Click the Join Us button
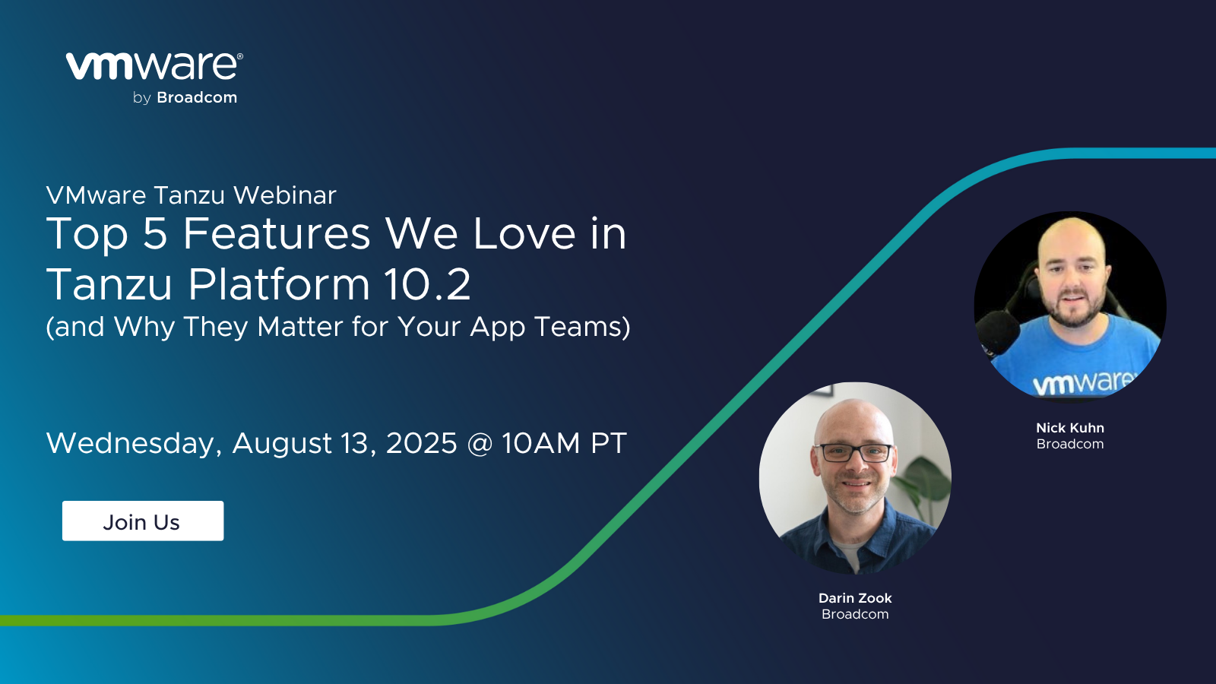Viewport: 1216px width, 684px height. point(143,521)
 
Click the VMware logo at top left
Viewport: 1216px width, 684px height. point(154,66)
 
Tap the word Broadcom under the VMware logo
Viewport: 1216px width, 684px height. point(197,98)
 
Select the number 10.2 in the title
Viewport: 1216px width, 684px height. point(426,284)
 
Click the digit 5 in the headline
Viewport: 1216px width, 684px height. point(154,233)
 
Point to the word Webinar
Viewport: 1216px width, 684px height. point(285,195)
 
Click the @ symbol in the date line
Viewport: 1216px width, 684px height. point(480,443)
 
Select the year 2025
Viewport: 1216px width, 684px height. point(421,443)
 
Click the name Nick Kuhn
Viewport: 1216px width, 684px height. point(1069,428)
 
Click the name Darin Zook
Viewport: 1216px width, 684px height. point(855,598)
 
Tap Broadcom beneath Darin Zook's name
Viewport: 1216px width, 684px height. point(855,614)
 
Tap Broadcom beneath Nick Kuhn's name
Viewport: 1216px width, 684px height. point(1069,444)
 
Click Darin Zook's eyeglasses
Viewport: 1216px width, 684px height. point(853,453)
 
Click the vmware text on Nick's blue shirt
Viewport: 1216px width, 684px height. point(1083,382)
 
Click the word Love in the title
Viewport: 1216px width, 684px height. point(524,233)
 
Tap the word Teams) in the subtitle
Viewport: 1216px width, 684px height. point(582,327)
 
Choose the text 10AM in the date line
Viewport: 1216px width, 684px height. point(540,443)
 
